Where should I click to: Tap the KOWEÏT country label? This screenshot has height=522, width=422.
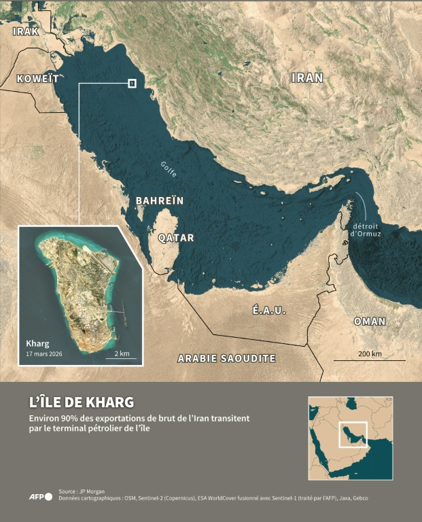[37, 77]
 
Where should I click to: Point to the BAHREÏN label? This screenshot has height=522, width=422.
[160, 201]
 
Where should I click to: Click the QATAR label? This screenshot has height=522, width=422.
[176, 238]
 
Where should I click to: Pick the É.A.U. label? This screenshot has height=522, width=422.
[269, 310]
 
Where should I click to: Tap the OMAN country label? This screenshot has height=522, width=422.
[370, 321]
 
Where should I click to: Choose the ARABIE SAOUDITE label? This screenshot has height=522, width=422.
[226, 358]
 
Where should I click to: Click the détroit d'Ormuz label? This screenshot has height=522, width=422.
[366, 230]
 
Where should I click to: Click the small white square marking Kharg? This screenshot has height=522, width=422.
[132, 84]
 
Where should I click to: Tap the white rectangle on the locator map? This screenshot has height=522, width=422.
[352, 436]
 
